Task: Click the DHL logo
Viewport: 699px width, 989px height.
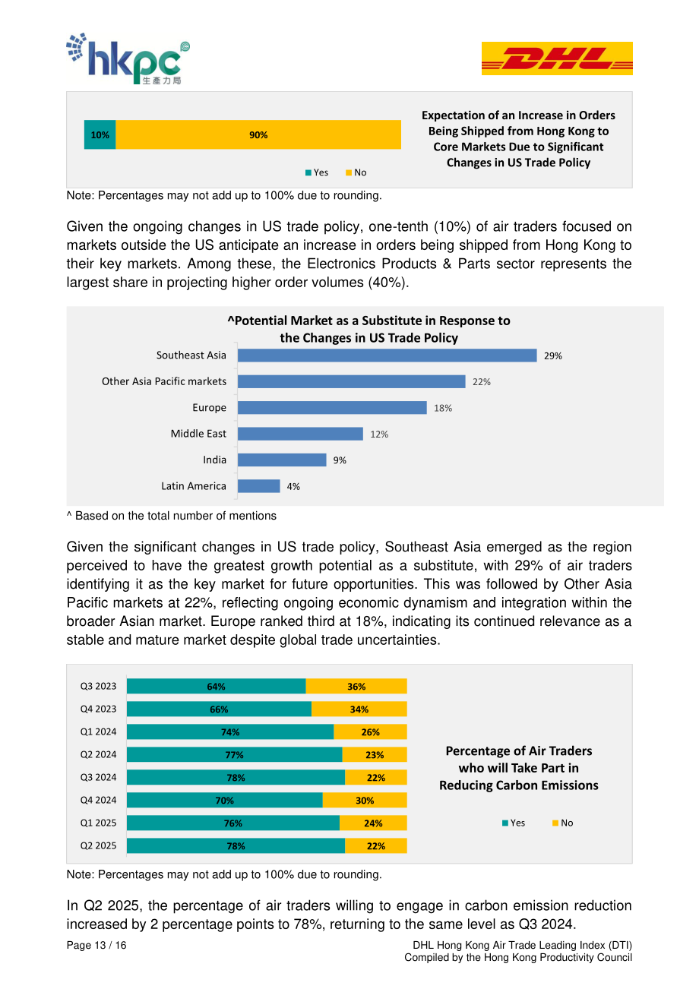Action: [x=556, y=58]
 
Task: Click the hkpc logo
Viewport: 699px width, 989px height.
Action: [x=128, y=58]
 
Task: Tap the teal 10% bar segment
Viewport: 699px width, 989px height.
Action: [x=100, y=134]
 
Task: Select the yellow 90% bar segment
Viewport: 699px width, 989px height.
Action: [x=258, y=134]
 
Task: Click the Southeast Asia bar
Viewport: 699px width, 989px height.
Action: [x=387, y=355]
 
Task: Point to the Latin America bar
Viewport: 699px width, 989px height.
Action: [x=259, y=486]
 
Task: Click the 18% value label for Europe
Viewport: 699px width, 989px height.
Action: [x=443, y=408]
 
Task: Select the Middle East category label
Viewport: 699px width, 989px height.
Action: [x=198, y=434]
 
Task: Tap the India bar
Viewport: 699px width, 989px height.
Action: [x=282, y=460]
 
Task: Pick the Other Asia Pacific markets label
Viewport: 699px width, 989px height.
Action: [x=164, y=381]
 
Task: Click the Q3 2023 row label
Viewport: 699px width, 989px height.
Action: [x=98, y=686]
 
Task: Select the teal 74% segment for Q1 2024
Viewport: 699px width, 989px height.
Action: [x=230, y=731]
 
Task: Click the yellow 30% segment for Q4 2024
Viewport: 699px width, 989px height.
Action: [x=365, y=800]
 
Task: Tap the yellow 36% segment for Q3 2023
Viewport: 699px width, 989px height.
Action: [x=356, y=686]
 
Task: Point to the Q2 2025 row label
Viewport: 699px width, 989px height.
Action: [x=98, y=845]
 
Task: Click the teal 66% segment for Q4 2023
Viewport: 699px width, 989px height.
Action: [x=219, y=709]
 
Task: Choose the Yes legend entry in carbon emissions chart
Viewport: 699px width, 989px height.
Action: [x=514, y=823]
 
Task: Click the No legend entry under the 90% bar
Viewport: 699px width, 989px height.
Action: [x=356, y=172]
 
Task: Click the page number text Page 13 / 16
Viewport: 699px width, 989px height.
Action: [x=96, y=945]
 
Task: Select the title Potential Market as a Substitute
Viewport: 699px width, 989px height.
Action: [x=368, y=329]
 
